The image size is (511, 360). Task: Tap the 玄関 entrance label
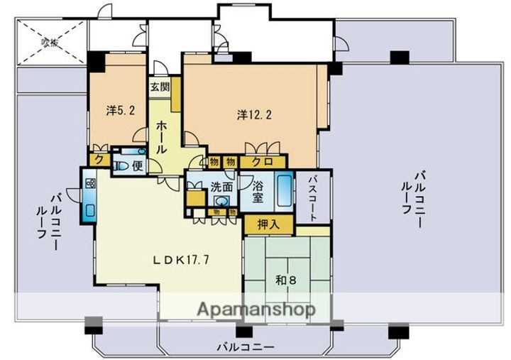(159, 87)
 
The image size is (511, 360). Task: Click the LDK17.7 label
(181, 259)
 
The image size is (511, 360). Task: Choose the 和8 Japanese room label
(286, 280)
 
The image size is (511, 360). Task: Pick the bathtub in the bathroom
(282, 189)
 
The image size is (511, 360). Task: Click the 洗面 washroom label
(221, 188)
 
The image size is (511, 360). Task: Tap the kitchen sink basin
(90, 209)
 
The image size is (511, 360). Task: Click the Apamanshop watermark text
(256, 310)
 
